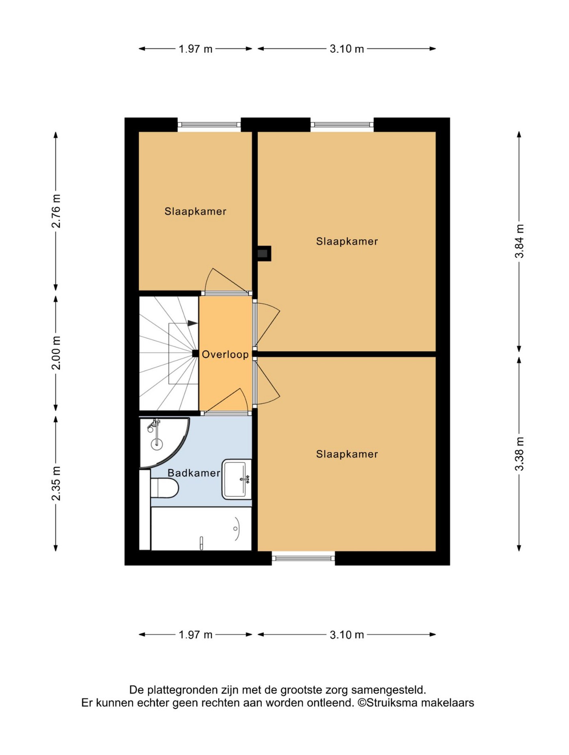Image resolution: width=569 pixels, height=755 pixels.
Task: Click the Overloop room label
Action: pyautogui.click(x=225, y=354)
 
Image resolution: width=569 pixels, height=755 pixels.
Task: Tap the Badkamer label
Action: pyautogui.click(x=194, y=473)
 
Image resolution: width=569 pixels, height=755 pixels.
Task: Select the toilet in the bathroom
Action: pyautogui.click(x=164, y=488)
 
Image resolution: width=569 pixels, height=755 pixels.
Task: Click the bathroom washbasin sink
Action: pyautogui.click(x=237, y=479)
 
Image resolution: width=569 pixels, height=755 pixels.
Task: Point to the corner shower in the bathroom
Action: pyautogui.click(x=162, y=442)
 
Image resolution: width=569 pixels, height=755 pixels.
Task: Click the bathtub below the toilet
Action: pyautogui.click(x=201, y=528)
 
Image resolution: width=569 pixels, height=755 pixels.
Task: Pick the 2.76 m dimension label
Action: pyautogui.click(x=56, y=211)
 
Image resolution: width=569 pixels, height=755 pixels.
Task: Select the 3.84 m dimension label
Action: pyautogui.click(x=519, y=241)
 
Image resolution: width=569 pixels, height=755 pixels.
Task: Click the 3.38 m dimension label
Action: pyautogui.click(x=519, y=454)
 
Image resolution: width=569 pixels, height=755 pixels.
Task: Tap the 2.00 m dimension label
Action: pyautogui.click(x=56, y=353)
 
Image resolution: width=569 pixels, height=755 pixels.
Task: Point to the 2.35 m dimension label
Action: pyautogui.click(x=56, y=483)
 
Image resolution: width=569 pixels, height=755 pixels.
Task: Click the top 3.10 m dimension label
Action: pyautogui.click(x=347, y=49)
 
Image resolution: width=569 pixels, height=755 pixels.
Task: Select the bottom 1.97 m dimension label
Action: pyautogui.click(x=196, y=635)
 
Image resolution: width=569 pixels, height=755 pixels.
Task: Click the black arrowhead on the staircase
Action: pyautogui.click(x=192, y=324)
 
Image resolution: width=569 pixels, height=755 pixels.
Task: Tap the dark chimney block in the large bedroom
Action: pyautogui.click(x=263, y=254)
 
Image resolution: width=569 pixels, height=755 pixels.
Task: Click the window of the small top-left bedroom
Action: pyautogui.click(x=209, y=125)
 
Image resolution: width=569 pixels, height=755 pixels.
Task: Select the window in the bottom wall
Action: pyautogui.click(x=303, y=559)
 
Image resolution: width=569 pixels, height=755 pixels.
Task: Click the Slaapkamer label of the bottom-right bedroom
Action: pyautogui.click(x=347, y=454)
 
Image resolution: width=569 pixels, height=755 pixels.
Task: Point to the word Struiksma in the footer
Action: pyautogui.click(x=392, y=703)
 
